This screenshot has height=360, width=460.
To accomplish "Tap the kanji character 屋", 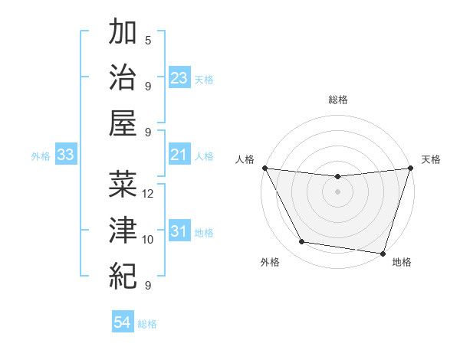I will click(123, 123).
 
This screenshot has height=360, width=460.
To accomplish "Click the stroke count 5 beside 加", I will click(148, 40).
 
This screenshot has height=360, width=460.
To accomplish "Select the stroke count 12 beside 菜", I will click(148, 193).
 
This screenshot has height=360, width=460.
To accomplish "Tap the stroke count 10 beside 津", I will click(148, 239).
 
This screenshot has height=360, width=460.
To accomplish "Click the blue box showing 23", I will click(179, 78).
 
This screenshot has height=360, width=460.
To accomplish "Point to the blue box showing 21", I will click(179, 155).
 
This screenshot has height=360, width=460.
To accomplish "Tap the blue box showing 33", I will click(66, 155).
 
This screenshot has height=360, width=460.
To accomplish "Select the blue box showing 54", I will click(123, 323).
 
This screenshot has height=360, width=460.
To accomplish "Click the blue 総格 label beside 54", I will click(147, 324).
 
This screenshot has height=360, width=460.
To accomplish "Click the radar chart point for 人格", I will click(265, 168).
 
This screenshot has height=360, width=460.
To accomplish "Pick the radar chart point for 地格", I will click(383, 253).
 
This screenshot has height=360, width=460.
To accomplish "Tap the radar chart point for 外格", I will click(302, 242).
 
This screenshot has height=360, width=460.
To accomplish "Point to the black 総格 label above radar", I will click(338, 100).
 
